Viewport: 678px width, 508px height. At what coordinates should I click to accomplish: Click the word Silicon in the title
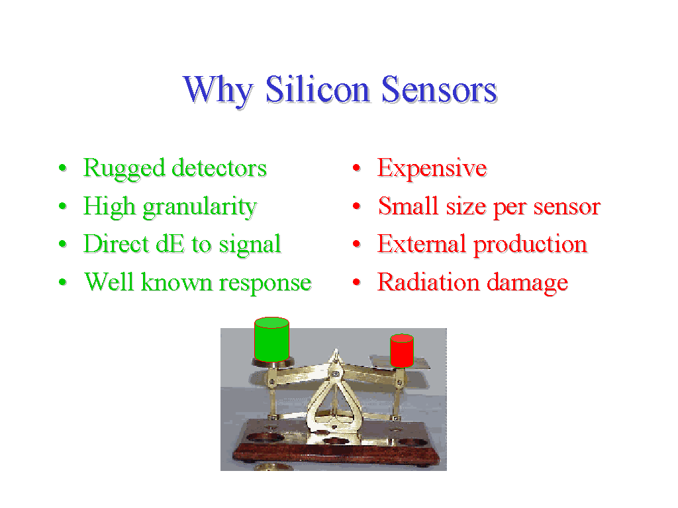[317, 89]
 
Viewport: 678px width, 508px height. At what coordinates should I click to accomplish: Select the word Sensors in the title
[440, 89]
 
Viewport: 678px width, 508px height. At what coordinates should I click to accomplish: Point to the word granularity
[200, 207]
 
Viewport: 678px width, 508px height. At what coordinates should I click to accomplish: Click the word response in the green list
[265, 284]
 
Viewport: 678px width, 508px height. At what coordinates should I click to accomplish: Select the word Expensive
[432, 169]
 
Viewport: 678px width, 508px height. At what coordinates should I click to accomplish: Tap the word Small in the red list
[408, 206]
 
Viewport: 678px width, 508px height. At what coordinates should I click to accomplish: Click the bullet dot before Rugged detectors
[63, 167]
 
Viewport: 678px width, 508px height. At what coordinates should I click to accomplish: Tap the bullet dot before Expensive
[357, 167]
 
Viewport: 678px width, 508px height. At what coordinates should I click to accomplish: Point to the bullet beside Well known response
[63, 282]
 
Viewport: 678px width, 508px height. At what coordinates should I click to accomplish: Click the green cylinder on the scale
[271, 339]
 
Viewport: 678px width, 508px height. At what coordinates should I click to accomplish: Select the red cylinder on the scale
[402, 351]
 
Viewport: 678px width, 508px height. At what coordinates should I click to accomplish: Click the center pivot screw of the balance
[335, 373]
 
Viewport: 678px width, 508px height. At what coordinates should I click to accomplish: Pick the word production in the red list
[530, 245]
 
